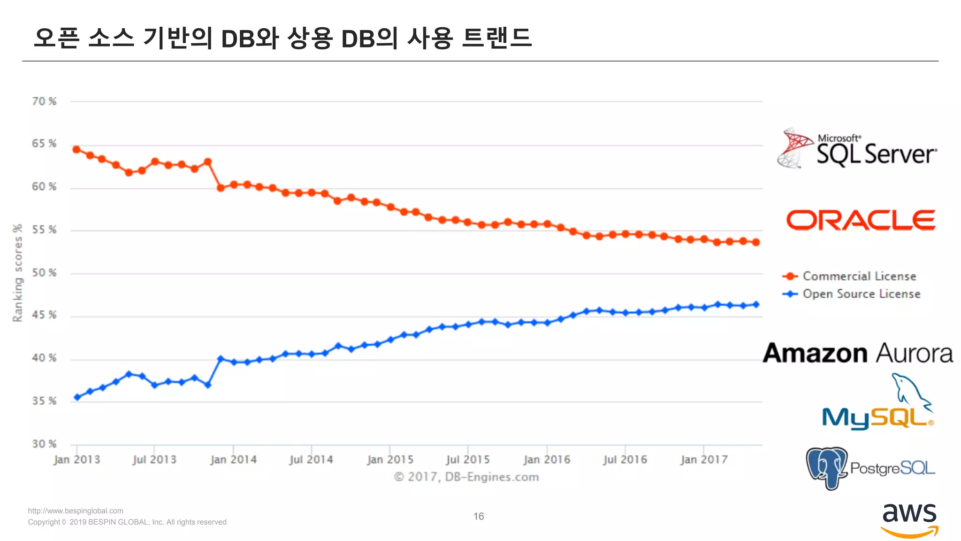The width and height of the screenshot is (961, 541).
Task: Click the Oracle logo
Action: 861,220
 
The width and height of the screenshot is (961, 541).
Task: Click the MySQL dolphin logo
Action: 878,403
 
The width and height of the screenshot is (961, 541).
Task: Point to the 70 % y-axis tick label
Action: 44,101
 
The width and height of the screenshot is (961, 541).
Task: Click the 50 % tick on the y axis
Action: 44,273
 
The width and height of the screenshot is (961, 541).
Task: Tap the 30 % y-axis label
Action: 44,444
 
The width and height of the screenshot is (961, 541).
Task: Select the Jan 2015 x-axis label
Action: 390,459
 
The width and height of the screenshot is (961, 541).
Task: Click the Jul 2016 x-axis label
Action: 625,459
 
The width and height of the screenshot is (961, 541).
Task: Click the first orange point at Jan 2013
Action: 76,150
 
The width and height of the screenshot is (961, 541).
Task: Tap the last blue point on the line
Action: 756,304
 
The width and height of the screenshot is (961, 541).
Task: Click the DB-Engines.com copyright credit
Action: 466,477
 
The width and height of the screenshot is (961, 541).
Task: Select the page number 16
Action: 479,517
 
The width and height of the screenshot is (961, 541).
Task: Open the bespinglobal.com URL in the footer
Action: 76,511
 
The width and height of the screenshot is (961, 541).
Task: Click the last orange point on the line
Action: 756,242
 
